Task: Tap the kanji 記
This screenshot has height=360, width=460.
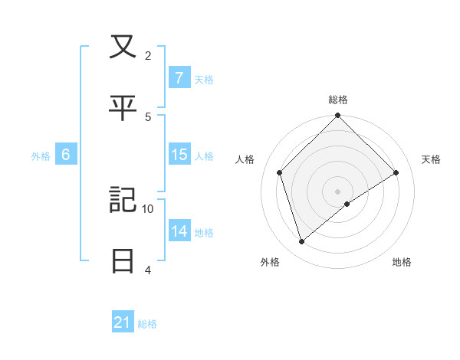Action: pyautogui.click(x=123, y=200)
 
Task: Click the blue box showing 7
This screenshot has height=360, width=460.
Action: pyautogui.click(x=179, y=78)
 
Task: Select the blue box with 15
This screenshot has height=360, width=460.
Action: pyautogui.click(x=179, y=155)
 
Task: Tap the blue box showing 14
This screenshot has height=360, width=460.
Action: pyautogui.click(x=179, y=231)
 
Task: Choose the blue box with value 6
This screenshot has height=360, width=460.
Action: pyautogui.click(x=66, y=155)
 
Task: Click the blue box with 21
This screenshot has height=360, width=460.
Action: pyautogui.click(x=123, y=323)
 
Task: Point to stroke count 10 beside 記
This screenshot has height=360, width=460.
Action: pyautogui.click(x=148, y=208)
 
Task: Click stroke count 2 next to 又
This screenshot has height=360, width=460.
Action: pyautogui.click(x=148, y=55)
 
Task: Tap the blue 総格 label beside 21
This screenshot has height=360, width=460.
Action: pyautogui.click(x=147, y=324)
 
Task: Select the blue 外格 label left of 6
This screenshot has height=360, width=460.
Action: pyautogui.click(x=41, y=155)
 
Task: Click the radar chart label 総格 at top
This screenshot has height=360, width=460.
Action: pyautogui.click(x=338, y=100)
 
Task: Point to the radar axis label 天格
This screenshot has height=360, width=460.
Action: pyautogui.click(x=432, y=159)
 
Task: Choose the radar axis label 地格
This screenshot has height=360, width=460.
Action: pyautogui.click(x=402, y=262)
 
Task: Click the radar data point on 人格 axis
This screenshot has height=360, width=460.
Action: pyautogui.click(x=280, y=172)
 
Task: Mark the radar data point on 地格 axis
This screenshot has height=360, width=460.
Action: pyautogui.click(x=347, y=204)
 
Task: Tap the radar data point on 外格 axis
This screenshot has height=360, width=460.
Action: pyautogui.click(x=302, y=241)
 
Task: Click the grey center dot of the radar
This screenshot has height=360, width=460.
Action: pyautogui.click(x=338, y=191)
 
